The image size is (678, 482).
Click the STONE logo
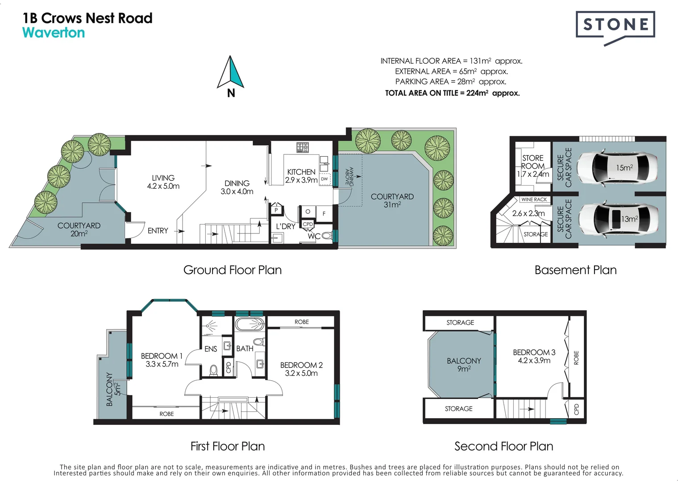(616, 28)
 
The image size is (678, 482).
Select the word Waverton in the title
(54, 33)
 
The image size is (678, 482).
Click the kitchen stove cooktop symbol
(302, 147)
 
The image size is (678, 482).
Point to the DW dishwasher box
(324, 179)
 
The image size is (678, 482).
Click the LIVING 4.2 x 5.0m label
(163, 182)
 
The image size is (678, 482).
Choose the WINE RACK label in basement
(534, 199)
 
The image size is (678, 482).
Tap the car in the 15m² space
(617, 167)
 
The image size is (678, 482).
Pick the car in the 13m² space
(618, 218)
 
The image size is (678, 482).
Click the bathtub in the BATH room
(250, 324)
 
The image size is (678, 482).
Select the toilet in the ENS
(214, 370)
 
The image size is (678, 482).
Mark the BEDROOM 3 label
(534, 356)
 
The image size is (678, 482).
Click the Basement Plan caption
(575, 270)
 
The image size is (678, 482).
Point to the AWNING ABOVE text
(349, 176)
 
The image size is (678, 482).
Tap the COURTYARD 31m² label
(392, 200)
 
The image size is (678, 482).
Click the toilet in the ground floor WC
(326, 235)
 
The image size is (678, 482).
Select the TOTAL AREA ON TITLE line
(452, 93)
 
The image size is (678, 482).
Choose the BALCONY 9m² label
(464, 365)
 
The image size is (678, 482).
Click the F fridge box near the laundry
(324, 214)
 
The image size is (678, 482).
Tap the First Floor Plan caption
(228, 446)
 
